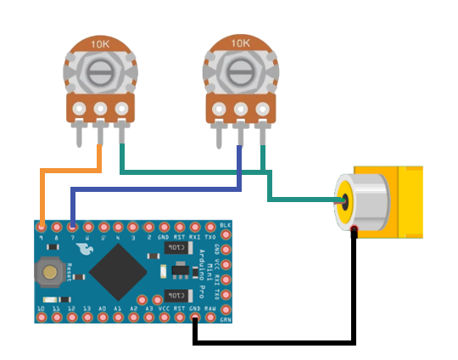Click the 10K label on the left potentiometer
(100, 42)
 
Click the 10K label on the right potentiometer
(240, 42)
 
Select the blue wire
(153, 189)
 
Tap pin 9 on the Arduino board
(42, 227)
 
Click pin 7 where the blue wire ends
(72, 227)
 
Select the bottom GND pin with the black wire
(195, 318)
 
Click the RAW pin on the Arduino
(210, 318)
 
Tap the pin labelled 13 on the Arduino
(87, 318)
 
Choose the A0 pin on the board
(103, 318)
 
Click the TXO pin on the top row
(210, 227)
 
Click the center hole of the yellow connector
(347, 202)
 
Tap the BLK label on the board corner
(225, 224)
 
